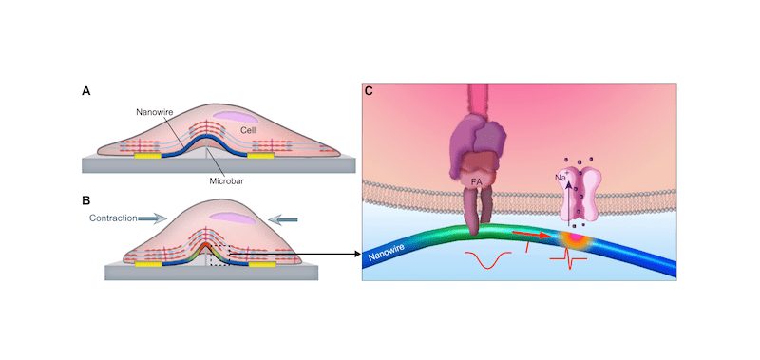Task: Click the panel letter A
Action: (x=86, y=92)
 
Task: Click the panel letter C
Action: (x=369, y=91)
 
